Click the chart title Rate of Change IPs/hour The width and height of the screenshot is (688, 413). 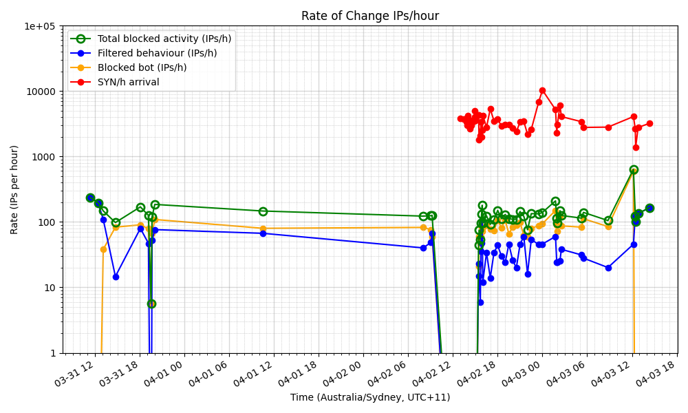pyautogui.click(x=369, y=16)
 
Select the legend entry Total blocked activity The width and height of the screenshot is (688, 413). pyautogui.click(x=164, y=39)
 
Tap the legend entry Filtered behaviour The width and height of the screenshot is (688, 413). pyautogui.click(x=157, y=53)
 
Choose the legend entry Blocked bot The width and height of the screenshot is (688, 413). pyautogui.click(x=142, y=67)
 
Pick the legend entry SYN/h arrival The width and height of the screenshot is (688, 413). pyautogui.click(x=128, y=82)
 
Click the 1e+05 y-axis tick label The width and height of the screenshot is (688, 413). pyautogui.click(x=41, y=26)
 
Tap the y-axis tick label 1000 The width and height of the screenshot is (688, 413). pyautogui.click(x=46, y=157)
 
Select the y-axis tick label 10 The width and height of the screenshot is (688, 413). pyautogui.click(x=50, y=288)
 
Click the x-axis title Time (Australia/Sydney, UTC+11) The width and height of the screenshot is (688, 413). pyautogui.click(x=369, y=397)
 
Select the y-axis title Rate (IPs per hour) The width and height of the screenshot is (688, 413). pyautogui.click(x=15, y=189)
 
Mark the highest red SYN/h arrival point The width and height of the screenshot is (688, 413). pyautogui.click(x=542, y=90)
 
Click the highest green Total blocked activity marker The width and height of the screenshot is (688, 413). pyautogui.click(x=634, y=169)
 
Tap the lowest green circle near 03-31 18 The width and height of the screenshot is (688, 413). pyautogui.click(x=151, y=304)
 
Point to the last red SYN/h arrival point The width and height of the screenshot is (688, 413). pyautogui.click(x=649, y=123)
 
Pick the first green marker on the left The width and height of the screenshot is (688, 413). pyautogui.click(x=90, y=198)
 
